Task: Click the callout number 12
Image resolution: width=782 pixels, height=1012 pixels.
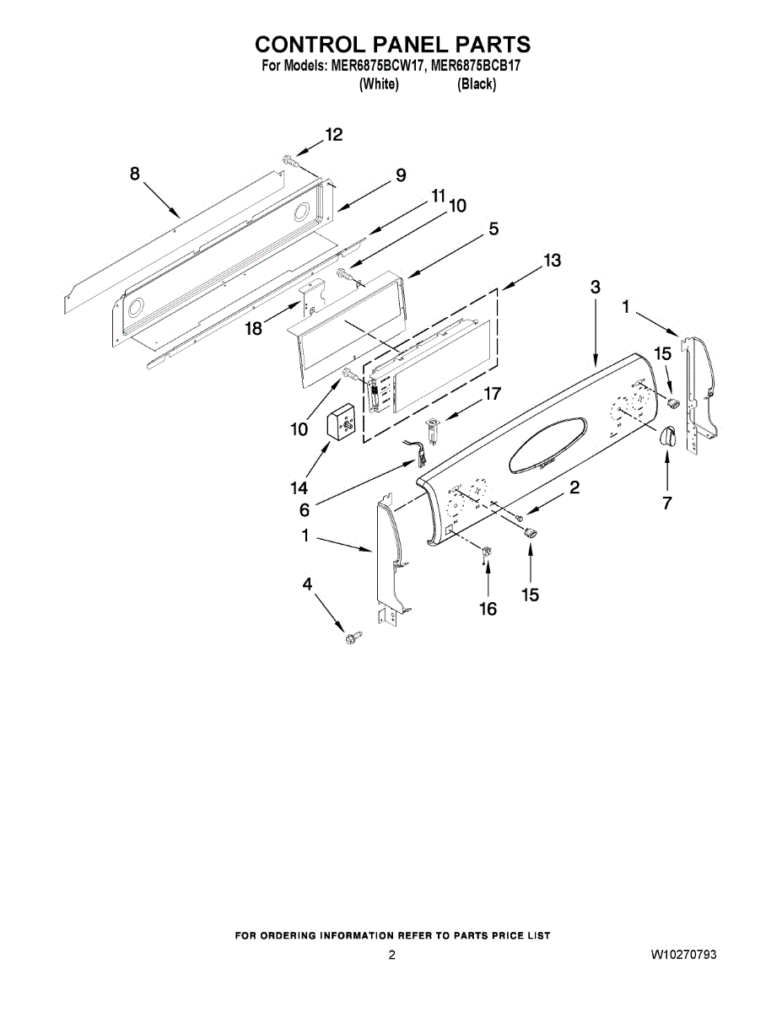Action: click(x=334, y=135)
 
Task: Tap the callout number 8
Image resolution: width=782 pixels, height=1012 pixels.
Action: click(x=135, y=174)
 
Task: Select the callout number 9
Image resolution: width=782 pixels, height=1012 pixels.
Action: click(x=401, y=175)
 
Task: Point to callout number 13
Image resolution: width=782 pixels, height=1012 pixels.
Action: click(x=551, y=261)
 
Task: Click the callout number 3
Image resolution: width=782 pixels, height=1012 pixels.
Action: click(x=596, y=287)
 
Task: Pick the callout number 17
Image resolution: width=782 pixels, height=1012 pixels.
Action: click(x=492, y=393)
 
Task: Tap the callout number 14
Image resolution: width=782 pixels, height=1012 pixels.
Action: click(x=299, y=488)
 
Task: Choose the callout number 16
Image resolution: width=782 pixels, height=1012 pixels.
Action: click(x=488, y=609)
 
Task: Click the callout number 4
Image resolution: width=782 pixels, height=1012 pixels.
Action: click(x=307, y=584)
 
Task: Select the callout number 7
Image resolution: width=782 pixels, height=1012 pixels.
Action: click(x=667, y=503)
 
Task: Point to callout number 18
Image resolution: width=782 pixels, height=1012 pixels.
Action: click(x=254, y=330)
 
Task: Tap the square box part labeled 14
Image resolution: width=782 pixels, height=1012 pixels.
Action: click(x=343, y=427)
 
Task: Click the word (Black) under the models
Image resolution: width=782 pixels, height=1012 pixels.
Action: click(x=477, y=84)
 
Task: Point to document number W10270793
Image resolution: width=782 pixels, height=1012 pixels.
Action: click(x=684, y=955)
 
